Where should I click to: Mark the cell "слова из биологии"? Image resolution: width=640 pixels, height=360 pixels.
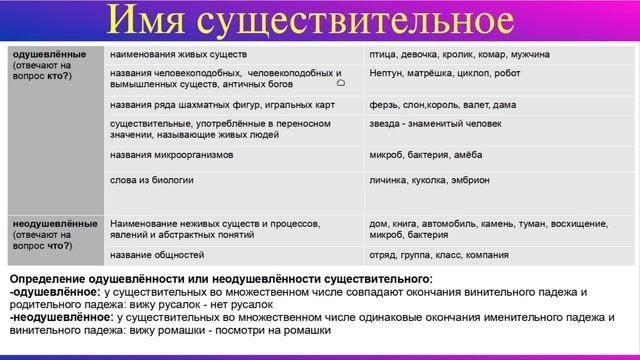coord(152,179)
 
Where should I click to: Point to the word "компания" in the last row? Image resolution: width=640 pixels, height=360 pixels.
coord(487,255)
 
